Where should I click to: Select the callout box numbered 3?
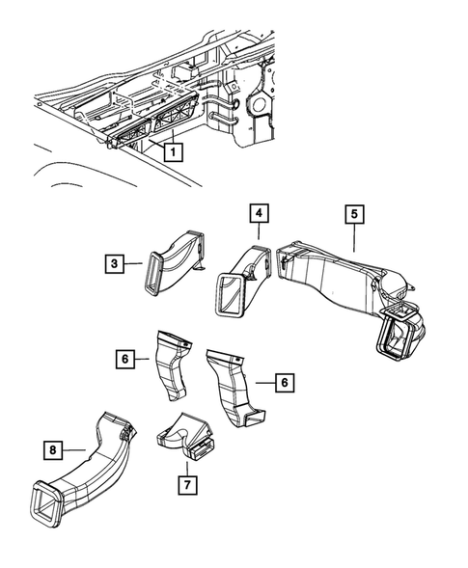pos(114,263)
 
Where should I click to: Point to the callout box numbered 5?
pos(354,212)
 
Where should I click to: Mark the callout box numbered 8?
pos(55,448)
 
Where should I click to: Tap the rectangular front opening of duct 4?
pos(230,294)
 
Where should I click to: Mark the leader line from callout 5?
pos(354,239)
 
